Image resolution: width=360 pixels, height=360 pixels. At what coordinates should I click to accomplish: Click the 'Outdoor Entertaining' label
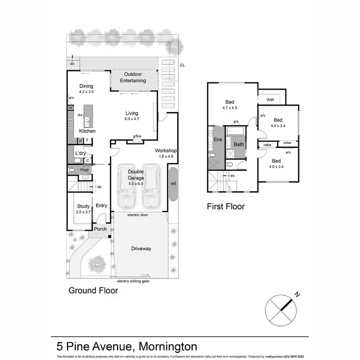click(x=135, y=78)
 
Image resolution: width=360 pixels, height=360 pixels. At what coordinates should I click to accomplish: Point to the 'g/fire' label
click(x=137, y=136)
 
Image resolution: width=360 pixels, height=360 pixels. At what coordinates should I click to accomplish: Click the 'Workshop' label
click(x=166, y=151)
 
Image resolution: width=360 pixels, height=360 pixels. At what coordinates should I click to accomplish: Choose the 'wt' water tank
click(x=173, y=183)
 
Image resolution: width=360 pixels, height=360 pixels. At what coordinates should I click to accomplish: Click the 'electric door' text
click(x=138, y=215)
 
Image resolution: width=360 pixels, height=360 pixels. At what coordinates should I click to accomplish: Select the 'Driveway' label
click(x=141, y=248)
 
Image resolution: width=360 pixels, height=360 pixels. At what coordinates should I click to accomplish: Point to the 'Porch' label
click(x=100, y=229)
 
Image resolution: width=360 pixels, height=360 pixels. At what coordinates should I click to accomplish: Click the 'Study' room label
click(x=84, y=206)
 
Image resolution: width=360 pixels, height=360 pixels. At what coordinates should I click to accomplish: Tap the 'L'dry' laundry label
click(x=80, y=153)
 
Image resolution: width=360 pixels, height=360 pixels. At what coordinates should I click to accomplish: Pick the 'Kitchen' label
click(x=87, y=131)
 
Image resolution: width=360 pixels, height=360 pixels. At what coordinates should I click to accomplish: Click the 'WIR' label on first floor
click(x=270, y=99)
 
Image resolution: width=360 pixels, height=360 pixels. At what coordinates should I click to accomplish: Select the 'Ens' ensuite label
click(x=217, y=140)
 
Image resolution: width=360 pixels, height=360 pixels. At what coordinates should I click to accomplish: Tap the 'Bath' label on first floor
click(x=239, y=144)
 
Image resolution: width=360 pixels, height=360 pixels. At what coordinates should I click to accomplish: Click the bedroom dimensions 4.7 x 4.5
click(x=230, y=108)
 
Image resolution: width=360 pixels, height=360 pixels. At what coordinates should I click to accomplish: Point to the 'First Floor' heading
click(x=226, y=207)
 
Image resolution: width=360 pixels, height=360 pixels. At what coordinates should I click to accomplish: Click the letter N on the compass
click(x=298, y=295)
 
